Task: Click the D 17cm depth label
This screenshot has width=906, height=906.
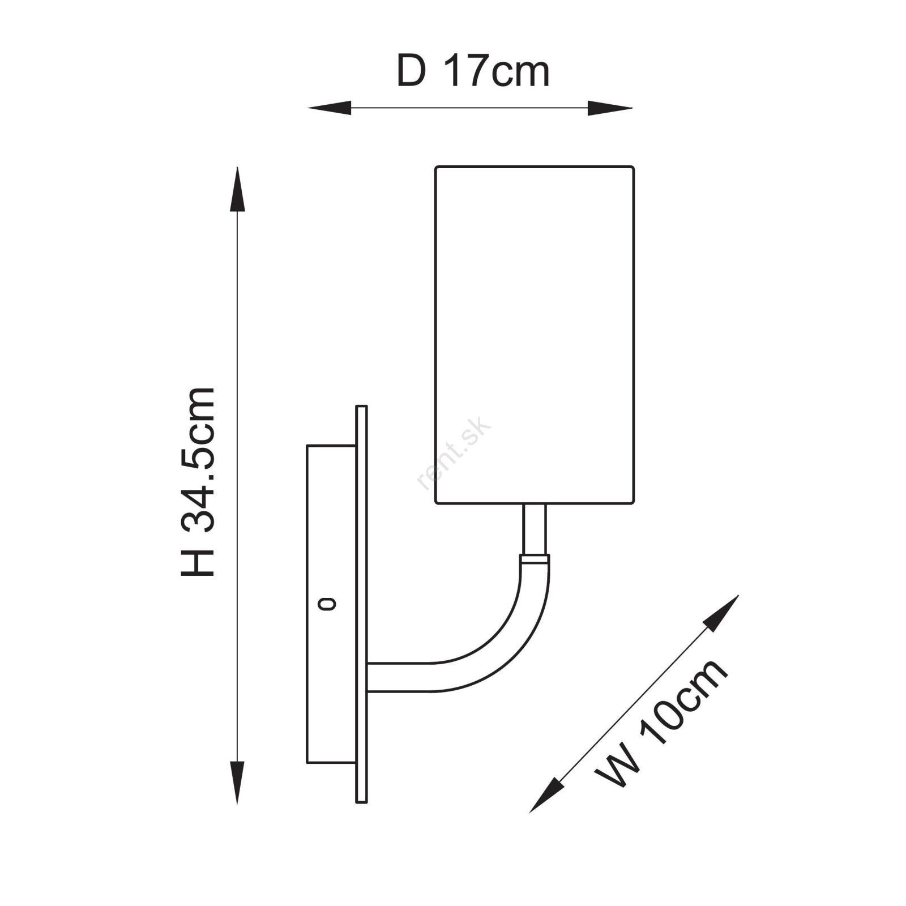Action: point(473,71)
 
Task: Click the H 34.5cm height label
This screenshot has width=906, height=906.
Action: point(198,482)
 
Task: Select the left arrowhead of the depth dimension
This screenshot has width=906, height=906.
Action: point(329,108)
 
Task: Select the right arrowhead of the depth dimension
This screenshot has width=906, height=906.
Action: point(610,108)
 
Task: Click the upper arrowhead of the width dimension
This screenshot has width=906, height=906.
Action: point(722,613)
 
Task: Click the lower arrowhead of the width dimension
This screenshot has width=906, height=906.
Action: point(546,795)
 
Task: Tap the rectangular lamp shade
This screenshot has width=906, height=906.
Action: point(535,335)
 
